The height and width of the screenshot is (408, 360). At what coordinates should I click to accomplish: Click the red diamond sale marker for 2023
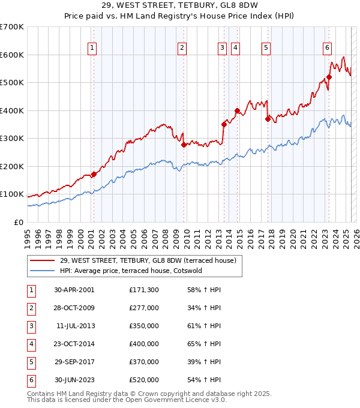[329, 77]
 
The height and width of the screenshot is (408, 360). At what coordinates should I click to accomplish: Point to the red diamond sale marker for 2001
[94, 174]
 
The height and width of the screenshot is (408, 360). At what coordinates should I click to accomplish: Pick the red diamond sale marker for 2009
[184, 145]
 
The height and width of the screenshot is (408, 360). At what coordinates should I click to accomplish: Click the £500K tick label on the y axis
[11, 83]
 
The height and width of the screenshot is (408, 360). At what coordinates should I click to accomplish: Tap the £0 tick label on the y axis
[18, 222]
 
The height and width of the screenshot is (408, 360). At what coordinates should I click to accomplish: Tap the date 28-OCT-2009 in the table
[74, 308]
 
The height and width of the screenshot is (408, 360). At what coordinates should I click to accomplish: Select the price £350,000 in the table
[144, 326]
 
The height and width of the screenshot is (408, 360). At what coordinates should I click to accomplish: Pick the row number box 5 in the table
[30, 362]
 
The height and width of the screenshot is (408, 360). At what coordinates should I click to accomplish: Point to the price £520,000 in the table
[144, 380]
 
